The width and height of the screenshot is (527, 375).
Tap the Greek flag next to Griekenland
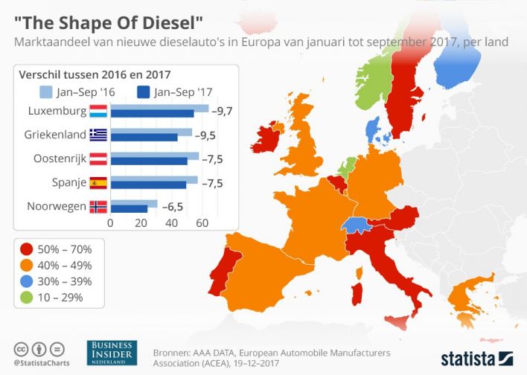point(98,135)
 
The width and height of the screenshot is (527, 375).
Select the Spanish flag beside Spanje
point(98,182)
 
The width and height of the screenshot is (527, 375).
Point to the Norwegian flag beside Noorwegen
point(98,206)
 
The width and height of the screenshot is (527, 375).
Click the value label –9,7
point(223,111)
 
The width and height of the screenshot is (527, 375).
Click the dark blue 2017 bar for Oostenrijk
point(149,161)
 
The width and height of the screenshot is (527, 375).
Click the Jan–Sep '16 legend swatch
point(45,92)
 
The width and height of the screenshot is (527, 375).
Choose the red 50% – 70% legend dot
point(27,249)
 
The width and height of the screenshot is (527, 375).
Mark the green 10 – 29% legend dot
point(27,298)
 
